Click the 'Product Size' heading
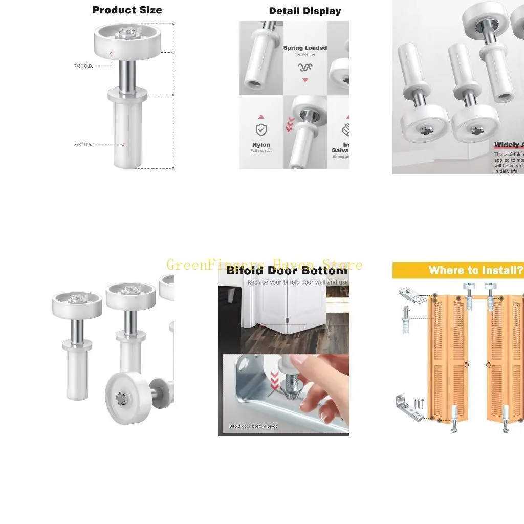[127, 10]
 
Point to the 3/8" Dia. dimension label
[83, 145]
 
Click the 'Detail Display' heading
[305, 11]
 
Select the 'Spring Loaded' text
[305, 48]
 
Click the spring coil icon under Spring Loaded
[305, 67]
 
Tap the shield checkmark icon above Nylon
[261, 129]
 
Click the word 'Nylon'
[261, 145]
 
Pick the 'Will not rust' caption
[261, 151]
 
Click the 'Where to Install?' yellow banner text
[476, 270]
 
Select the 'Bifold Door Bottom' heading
[287, 271]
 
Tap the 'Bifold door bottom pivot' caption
[253, 426]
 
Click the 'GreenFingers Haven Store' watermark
[265, 265]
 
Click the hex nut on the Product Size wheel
[127, 32]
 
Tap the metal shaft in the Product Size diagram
[127, 75]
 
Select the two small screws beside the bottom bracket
[419, 404]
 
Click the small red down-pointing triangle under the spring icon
[305, 80]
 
